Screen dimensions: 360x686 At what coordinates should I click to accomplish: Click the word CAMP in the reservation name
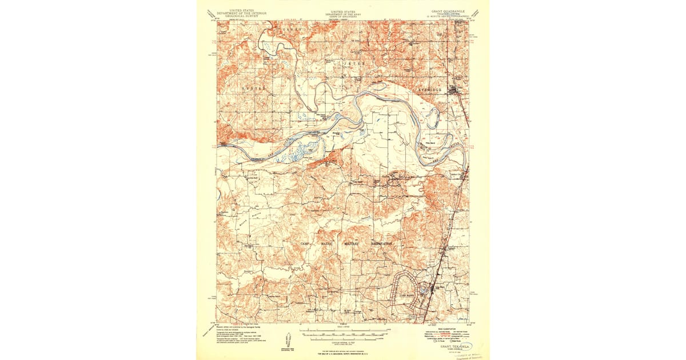306,244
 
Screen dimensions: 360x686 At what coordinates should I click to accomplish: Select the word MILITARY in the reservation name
352,244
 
